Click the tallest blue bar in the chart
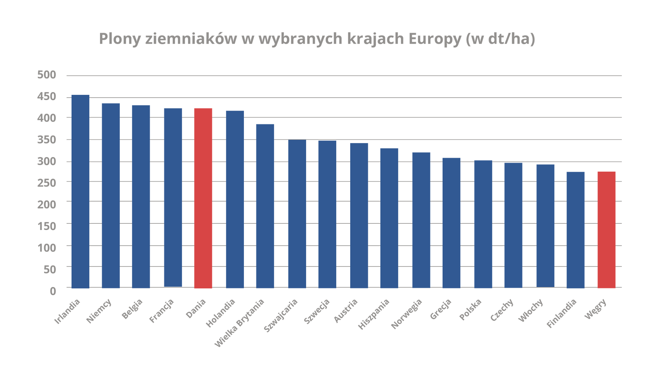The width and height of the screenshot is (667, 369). [80, 191]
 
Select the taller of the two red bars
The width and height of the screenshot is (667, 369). [203, 198]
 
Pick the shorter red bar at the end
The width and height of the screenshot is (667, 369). [606, 229]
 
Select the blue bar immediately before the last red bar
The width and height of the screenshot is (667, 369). [575, 230]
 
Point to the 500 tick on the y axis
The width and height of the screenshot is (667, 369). [47, 75]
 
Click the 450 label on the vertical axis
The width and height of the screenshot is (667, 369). [47, 97]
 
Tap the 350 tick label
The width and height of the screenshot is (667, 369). [47, 140]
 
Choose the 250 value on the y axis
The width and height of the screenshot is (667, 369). [47, 183]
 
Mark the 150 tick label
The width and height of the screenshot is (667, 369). [47, 226]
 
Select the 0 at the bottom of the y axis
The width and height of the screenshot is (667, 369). [53, 290]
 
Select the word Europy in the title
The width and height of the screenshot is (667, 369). [435, 39]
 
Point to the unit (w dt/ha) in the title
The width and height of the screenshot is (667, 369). [500, 39]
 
